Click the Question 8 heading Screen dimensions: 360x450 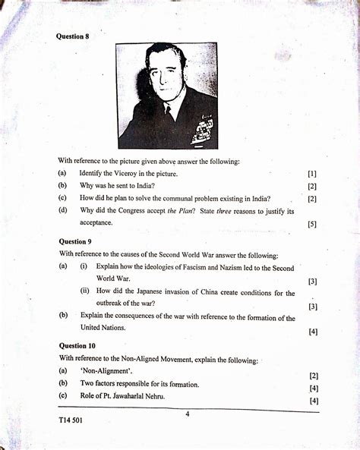pyautogui.click(x=73, y=36)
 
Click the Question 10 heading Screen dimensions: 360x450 pyautogui.click(x=77, y=345)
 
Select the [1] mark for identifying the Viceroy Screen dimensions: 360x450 pyautogui.click(x=312, y=174)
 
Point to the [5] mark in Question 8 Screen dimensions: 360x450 pyautogui.click(x=312, y=225)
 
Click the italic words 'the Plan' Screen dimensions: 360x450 pyautogui.click(x=182, y=211)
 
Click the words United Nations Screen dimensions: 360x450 pyautogui.click(x=104, y=328)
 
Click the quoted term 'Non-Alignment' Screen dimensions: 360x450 pyautogui.click(x=103, y=371)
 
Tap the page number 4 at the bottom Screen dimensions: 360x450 pyautogui.click(x=187, y=414)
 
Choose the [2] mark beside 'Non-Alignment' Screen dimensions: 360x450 pyautogui.click(x=313, y=376)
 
